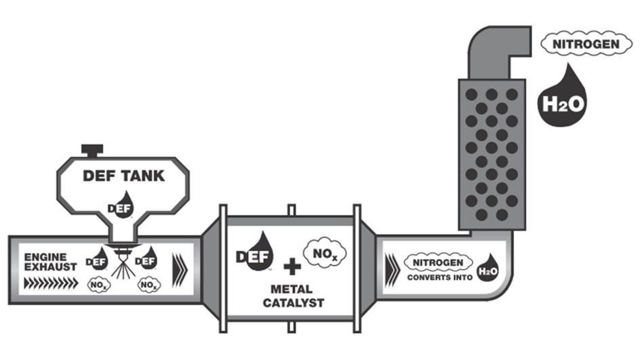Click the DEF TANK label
click(x=123, y=176)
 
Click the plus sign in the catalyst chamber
click(x=292, y=266)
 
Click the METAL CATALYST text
click(x=292, y=296)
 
